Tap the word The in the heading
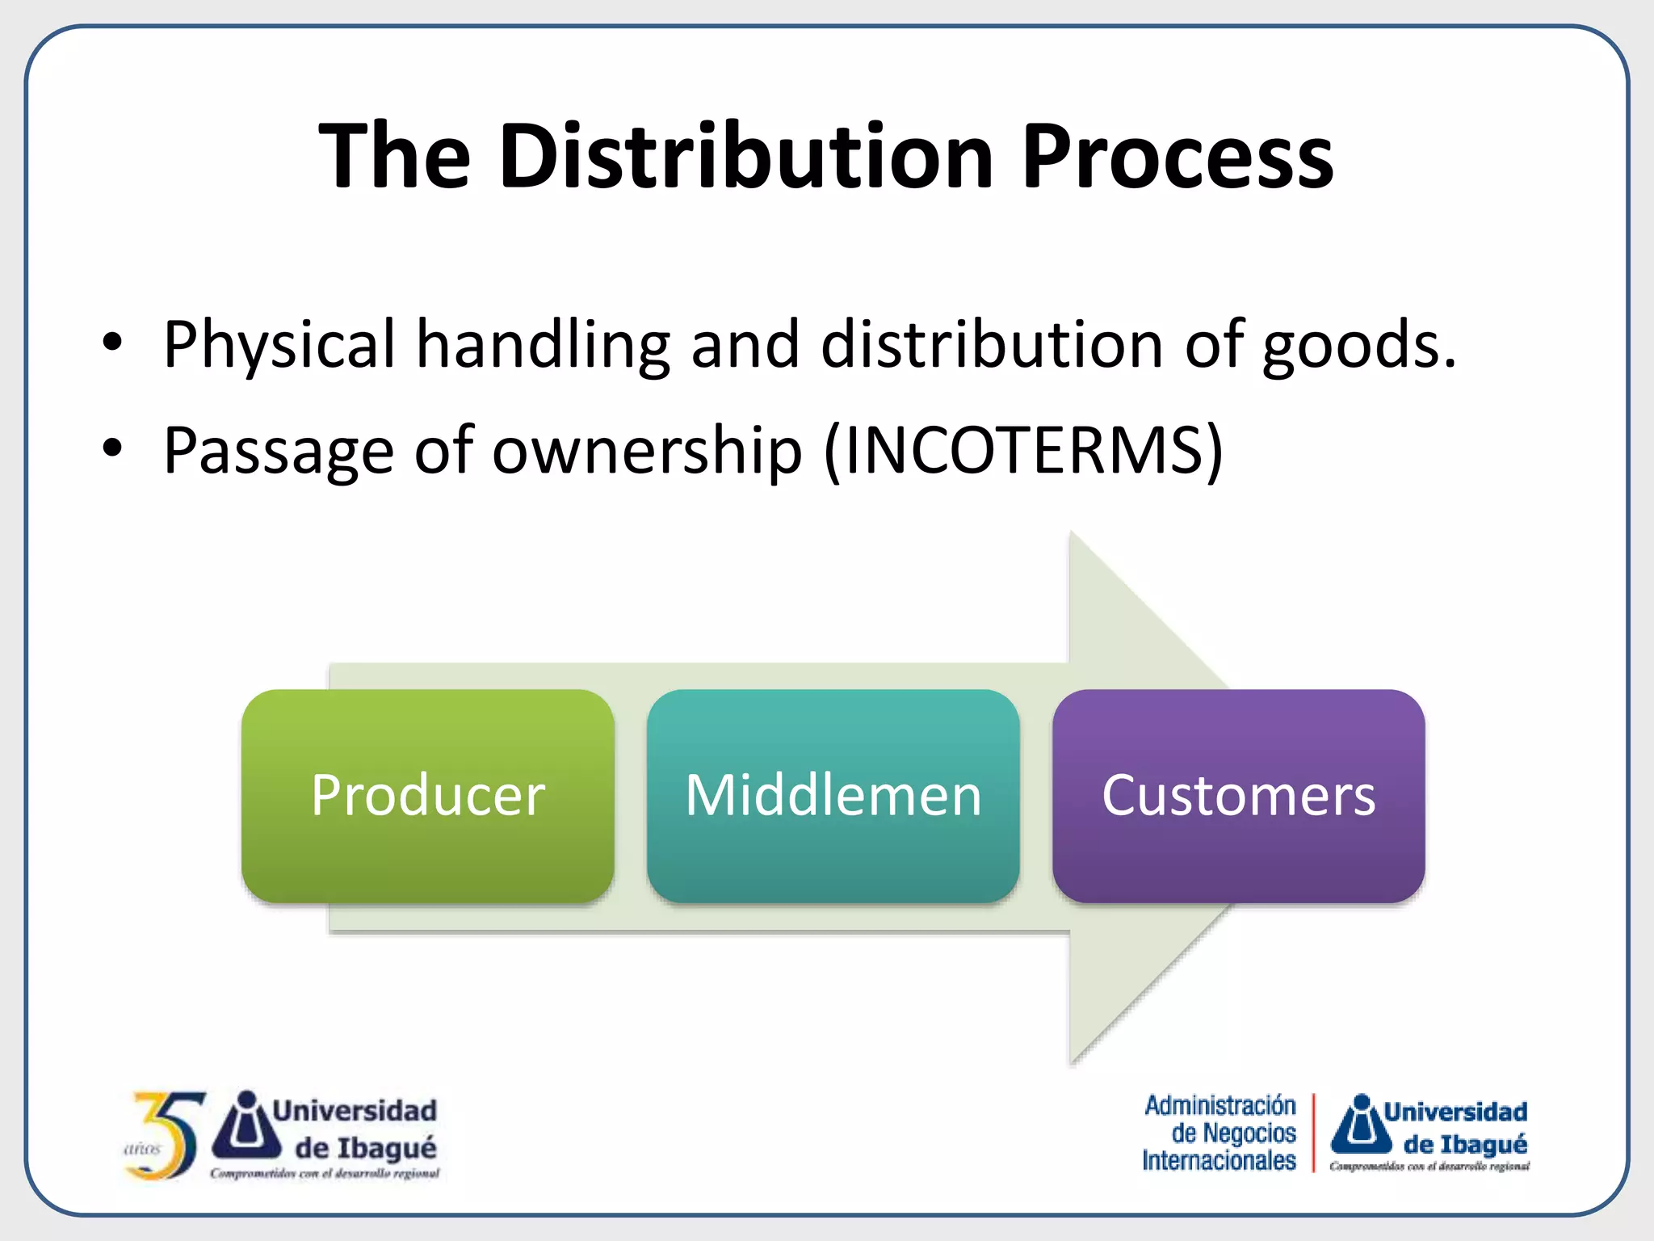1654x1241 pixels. pos(395,156)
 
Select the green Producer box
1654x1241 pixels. pos(428,796)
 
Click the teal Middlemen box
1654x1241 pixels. pos(833,796)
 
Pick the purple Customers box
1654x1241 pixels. pos(1238,796)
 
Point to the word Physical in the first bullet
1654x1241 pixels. pos(279,346)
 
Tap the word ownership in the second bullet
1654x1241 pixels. pos(647,450)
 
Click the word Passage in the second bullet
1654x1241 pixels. pos(279,450)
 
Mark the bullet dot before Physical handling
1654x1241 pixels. pos(112,343)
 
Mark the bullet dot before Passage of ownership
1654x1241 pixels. pos(112,448)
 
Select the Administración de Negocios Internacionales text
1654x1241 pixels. pos(1220,1133)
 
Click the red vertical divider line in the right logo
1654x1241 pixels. pos(1313,1132)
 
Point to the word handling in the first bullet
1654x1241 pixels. pos(543,346)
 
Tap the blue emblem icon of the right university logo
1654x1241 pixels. pos(1362,1125)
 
